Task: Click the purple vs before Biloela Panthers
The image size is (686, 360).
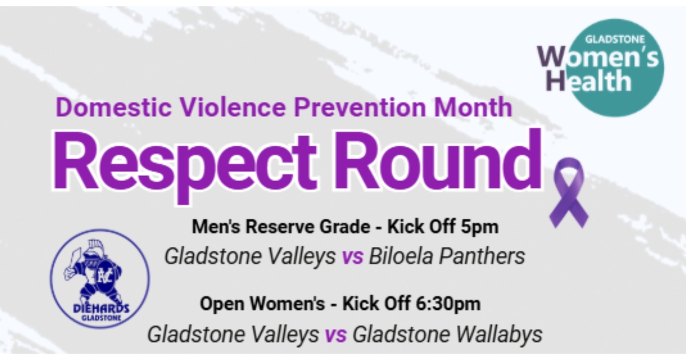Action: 353,258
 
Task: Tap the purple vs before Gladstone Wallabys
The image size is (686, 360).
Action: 336,335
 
